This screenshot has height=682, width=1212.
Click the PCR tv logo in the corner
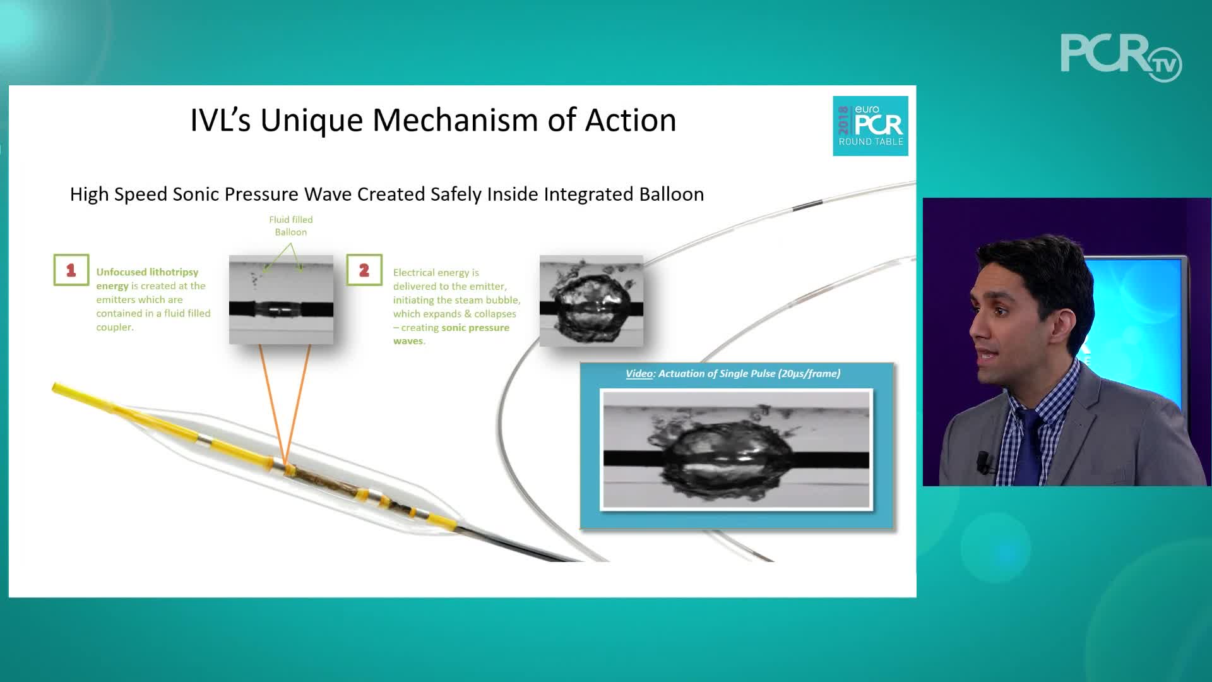pyautogui.click(x=1121, y=57)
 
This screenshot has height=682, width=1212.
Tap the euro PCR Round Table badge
pyautogui.click(x=870, y=126)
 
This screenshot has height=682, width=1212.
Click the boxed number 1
pyautogui.click(x=71, y=270)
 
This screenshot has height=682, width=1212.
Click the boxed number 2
pyautogui.click(x=364, y=270)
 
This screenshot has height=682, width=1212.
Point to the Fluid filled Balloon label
pyautogui.click(x=291, y=225)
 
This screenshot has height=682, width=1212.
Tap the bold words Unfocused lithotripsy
pyautogui.click(x=147, y=272)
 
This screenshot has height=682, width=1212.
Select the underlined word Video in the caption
pyautogui.click(x=639, y=373)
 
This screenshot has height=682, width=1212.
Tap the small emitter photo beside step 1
pyautogui.click(x=281, y=299)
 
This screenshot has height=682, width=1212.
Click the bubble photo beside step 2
pyautogui.click(x=591, y=301)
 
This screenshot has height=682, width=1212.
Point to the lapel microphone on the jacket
pyautogui.click(x=983, y=462)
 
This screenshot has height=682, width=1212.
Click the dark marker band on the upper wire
pyautogui.click(x=808, y=205)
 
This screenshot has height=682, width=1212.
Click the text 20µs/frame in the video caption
pyautogui.click(x=809, y=373)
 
